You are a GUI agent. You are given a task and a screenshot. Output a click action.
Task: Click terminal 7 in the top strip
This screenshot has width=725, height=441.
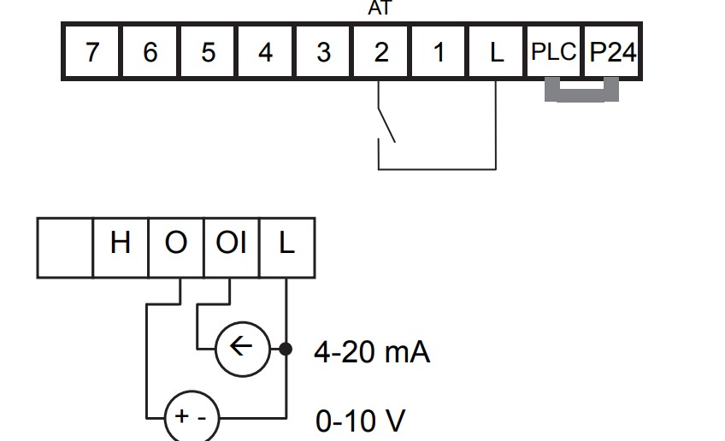click(92, 51)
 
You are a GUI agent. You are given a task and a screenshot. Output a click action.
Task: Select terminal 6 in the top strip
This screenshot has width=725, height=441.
click(150, 51)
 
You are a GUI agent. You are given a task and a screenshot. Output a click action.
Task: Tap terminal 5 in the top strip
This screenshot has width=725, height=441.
click(208, 51)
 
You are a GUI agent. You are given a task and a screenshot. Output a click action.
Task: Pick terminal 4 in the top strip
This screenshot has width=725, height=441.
click(265, 51)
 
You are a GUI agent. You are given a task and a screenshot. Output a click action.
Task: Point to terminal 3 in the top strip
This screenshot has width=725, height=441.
click(323, 51)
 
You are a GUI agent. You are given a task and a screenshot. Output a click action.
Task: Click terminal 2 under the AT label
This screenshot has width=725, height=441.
click(381, 51)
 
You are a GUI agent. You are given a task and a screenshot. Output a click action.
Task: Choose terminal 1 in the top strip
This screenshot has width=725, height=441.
click(439, 51)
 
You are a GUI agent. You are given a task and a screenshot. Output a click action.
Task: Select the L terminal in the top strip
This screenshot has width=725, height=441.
click(497, 51)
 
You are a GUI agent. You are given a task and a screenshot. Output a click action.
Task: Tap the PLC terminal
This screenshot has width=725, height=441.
click(554, 51)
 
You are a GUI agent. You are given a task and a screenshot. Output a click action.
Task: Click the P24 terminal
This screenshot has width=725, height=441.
click(612, 51)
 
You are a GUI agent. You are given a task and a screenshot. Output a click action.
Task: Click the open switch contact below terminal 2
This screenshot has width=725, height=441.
click(386, 126)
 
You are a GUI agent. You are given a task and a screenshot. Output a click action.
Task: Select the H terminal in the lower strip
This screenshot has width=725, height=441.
click(121, 248)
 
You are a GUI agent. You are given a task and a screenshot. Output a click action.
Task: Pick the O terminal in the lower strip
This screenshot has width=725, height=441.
click(176, 248)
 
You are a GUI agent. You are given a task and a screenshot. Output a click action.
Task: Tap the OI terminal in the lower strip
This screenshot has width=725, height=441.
click(231, 248)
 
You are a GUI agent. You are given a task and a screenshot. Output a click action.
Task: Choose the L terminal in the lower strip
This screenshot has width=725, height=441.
click(287, 248)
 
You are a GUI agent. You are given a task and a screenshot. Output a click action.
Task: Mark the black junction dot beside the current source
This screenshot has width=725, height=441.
click(286, 349)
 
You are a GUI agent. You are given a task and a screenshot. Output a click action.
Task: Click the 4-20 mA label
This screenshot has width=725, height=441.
click(372, 352)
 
